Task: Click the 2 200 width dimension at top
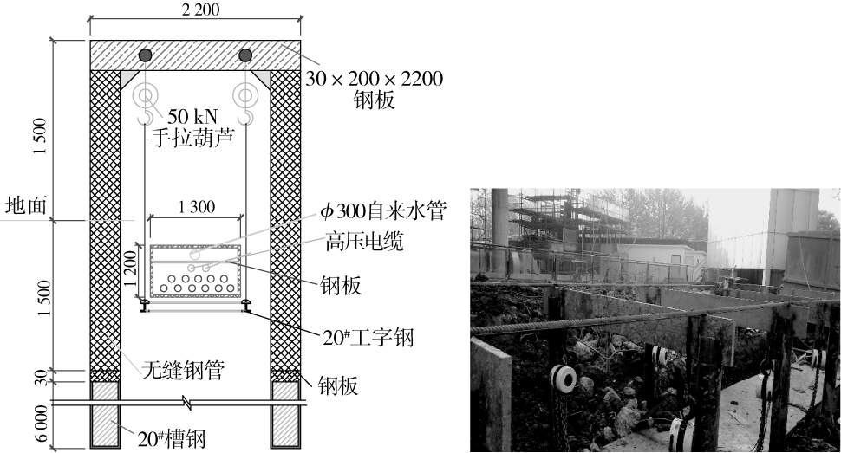195,11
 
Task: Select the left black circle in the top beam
145,55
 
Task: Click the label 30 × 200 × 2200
374,80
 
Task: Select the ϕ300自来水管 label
381,212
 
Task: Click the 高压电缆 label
363,242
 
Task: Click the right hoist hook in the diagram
248,112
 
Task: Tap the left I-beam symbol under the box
145,305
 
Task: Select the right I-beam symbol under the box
246,305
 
